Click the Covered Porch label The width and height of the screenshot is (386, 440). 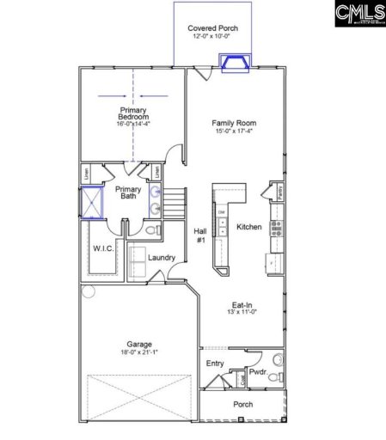(213, 28)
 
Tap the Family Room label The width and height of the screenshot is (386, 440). (234, 124)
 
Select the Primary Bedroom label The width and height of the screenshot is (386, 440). (133, 113)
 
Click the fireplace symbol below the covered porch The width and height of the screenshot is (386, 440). (233, 64)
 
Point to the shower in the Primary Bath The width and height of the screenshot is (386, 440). (90, 202)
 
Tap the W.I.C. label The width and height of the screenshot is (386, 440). (103, 249)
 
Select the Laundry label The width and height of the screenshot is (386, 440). (162, 258)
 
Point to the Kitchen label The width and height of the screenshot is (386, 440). (248, 227)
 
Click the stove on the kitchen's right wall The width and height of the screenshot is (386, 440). (276, 228)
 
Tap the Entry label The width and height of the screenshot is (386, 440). (215, 364)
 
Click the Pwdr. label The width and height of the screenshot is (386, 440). (258, 373)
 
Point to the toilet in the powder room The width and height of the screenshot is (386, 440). (277, 359)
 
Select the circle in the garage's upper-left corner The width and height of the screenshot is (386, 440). (88, 291)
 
